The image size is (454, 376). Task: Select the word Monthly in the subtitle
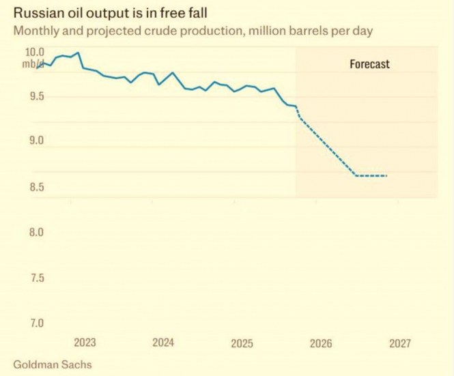tap(35, 31)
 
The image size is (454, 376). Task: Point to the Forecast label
tap(369, 64)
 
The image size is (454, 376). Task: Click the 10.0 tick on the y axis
tap(35, 53)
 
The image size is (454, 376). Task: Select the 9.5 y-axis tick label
tap(35, 97)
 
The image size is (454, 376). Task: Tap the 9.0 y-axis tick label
tap(35, 142)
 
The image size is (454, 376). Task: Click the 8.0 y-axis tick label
tap(35, 233)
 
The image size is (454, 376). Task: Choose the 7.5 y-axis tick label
tap(35, 278)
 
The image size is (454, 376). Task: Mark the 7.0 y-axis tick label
tap(35, 323)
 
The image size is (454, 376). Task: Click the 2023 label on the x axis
tap(85, 343)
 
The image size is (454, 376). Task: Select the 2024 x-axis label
tap(164, 343)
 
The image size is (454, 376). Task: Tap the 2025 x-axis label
tap(242, 343)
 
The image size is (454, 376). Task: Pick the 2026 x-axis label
tap(321, 343)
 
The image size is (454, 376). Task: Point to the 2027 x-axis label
tap(400, 343)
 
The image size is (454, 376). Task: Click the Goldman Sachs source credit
tap(52, 364)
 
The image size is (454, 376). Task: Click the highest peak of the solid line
tap(79, 53)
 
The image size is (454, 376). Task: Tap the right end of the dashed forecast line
tap(387, 176)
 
